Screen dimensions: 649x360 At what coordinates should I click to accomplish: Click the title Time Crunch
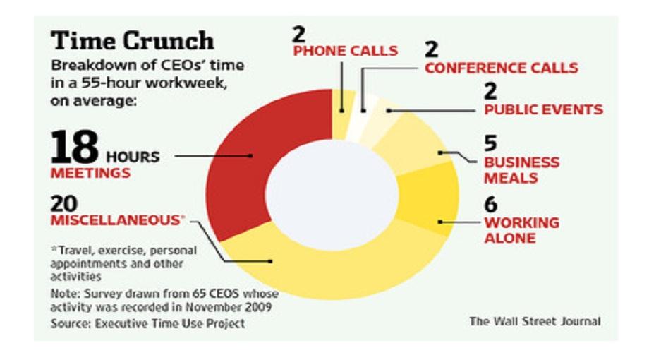133,41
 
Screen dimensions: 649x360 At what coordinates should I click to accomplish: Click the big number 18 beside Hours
75,147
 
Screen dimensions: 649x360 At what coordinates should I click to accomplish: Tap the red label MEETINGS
90,173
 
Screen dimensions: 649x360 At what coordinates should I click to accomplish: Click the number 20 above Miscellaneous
64,203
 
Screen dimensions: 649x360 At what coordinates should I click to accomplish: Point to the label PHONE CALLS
346,51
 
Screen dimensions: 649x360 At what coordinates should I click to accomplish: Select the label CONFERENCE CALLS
502,68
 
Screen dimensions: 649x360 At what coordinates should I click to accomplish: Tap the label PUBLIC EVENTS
543,110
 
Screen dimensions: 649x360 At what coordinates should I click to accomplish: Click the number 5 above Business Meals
490,143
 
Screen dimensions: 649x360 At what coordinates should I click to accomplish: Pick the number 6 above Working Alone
490,204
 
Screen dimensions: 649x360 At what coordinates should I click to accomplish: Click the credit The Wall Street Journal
535,321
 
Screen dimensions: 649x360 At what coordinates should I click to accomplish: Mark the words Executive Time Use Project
170,323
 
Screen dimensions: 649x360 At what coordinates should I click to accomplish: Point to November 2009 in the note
229,307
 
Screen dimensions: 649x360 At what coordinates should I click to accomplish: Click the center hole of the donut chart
332,195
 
